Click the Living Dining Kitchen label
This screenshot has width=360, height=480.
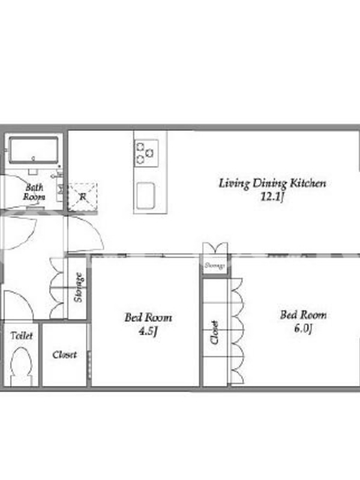click(272, 184)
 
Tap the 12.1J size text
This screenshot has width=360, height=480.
click(272, 197)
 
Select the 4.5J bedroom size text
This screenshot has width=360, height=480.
click(148, 331)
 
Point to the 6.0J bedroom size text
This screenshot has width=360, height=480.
click(303, 328)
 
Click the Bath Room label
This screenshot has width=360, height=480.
click(34, 191)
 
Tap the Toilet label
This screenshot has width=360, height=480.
click(22, 335)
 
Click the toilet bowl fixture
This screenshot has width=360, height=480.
click(21, 366)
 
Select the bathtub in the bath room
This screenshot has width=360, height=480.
click(34, 150)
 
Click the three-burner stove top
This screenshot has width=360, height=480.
click(146, 153)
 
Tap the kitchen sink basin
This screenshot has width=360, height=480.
click(146, 196)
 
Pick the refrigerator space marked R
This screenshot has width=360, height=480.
click(83, 197)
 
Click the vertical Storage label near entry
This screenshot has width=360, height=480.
click(79, 287)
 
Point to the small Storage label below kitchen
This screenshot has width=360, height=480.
click(215, 265)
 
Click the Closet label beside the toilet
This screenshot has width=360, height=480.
click(64, 355)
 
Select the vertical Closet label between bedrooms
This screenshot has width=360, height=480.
click(215, 332)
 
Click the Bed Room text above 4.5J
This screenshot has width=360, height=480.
click(148, 317)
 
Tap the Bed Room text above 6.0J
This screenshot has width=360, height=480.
click(304, 315)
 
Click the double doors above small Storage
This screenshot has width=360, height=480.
click(215, 248)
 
